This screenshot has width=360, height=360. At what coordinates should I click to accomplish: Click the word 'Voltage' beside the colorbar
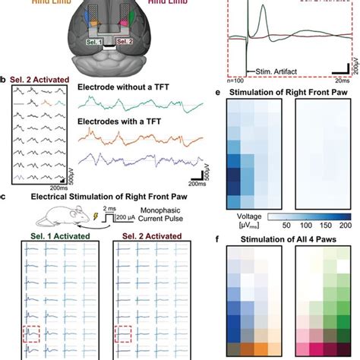pos(243,216)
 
